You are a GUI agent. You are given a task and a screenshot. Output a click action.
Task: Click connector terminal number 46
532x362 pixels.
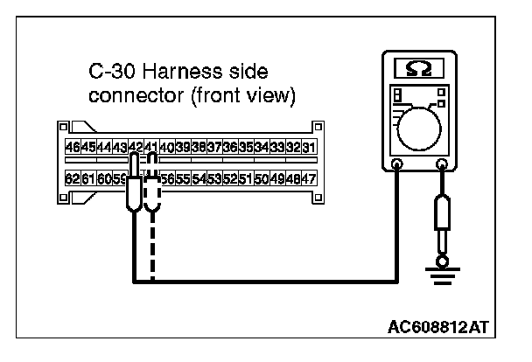tap(73, 147)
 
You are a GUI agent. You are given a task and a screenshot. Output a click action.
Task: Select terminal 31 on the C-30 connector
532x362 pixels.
tap(309, 147)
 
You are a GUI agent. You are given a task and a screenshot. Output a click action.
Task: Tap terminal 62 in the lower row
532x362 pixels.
tap(73, 178)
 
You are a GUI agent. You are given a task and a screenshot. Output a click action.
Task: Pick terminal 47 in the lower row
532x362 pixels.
tap(309, 178)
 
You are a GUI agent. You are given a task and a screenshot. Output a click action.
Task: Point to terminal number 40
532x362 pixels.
tap(168, 147)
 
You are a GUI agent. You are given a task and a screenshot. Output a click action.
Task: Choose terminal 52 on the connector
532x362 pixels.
tap(230, 178)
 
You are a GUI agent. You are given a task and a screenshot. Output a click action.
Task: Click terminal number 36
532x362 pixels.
tap(230, 147)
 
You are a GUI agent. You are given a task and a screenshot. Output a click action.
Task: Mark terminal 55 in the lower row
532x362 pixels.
tap(183, 178)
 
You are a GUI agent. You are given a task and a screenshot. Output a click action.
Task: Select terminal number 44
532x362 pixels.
tap(104, 147)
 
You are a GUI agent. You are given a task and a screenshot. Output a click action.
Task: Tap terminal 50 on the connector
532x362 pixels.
tap(262, 178)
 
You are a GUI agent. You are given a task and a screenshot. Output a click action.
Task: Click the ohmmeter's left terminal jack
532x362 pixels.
tap(397, 164)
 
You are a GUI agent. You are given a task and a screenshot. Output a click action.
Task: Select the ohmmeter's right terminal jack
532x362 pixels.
tap(443, 164)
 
